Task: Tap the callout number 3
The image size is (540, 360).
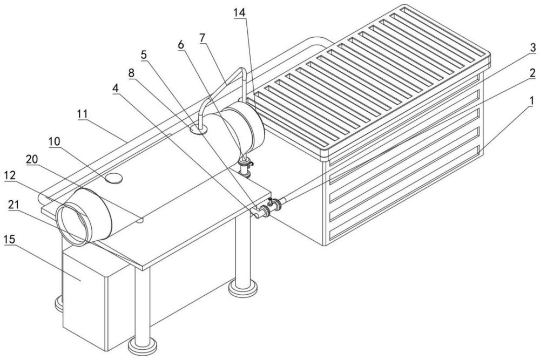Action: coord(532,48)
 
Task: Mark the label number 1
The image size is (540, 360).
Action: coord(532,99)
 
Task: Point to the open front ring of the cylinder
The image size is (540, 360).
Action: coord(74,222)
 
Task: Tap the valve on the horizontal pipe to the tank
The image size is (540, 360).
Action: coord(275,205)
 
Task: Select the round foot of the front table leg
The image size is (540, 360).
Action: coord(142,345)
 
